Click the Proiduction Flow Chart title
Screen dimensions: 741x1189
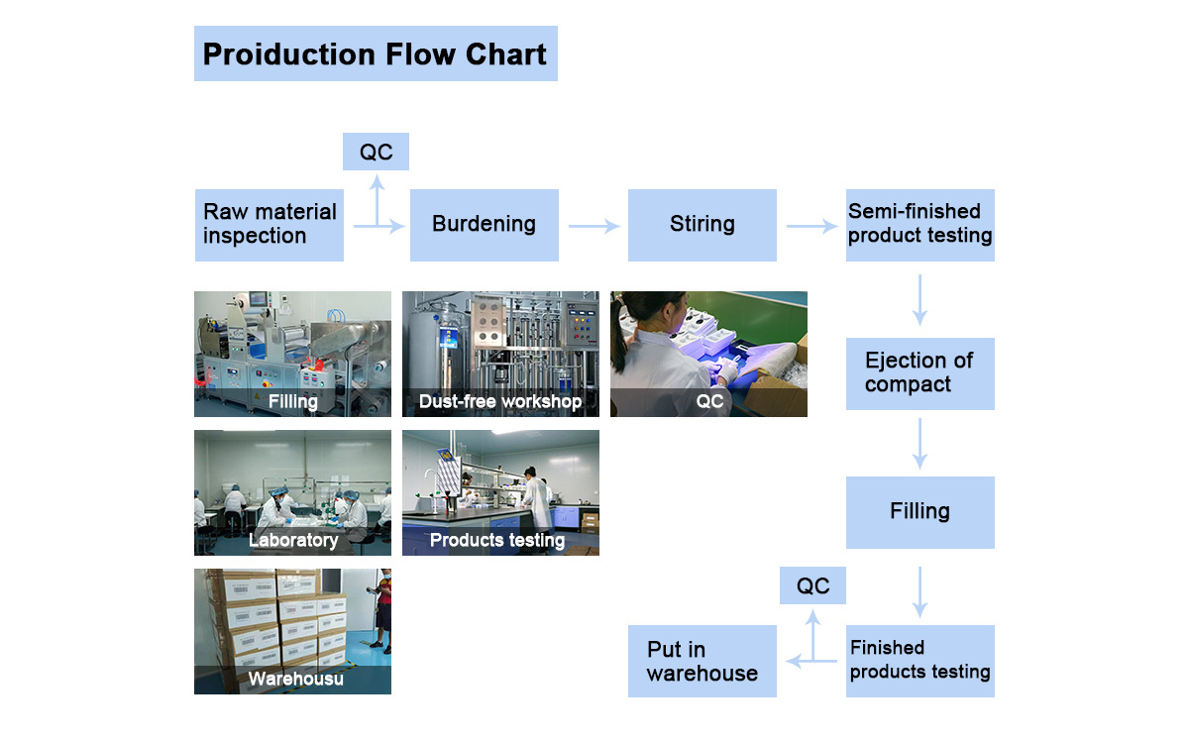point(375,53)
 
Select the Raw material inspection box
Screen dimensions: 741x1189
point(270,225)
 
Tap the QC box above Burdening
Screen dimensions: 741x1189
point(376,152)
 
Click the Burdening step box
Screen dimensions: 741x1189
point(484,225)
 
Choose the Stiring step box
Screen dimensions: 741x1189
point(702,225)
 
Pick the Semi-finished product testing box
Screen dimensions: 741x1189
point(919,225)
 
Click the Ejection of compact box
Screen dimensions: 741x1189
point(919,373)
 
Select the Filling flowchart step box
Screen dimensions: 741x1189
point(919,512)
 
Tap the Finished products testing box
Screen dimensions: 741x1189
point(919,661)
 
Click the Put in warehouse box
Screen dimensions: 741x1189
point(702,661)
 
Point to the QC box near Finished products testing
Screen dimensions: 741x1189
point(812,585)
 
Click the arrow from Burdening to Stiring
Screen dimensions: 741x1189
point(594,227)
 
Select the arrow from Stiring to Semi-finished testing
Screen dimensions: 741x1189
point(811,227)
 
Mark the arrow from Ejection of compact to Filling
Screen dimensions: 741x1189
point(919,443)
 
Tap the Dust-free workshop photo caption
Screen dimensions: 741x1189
point(500,401)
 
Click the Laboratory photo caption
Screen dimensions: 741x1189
point(293,540)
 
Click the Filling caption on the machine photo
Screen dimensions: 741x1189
point(293,401)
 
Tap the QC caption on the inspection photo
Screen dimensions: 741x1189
point(709,401)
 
